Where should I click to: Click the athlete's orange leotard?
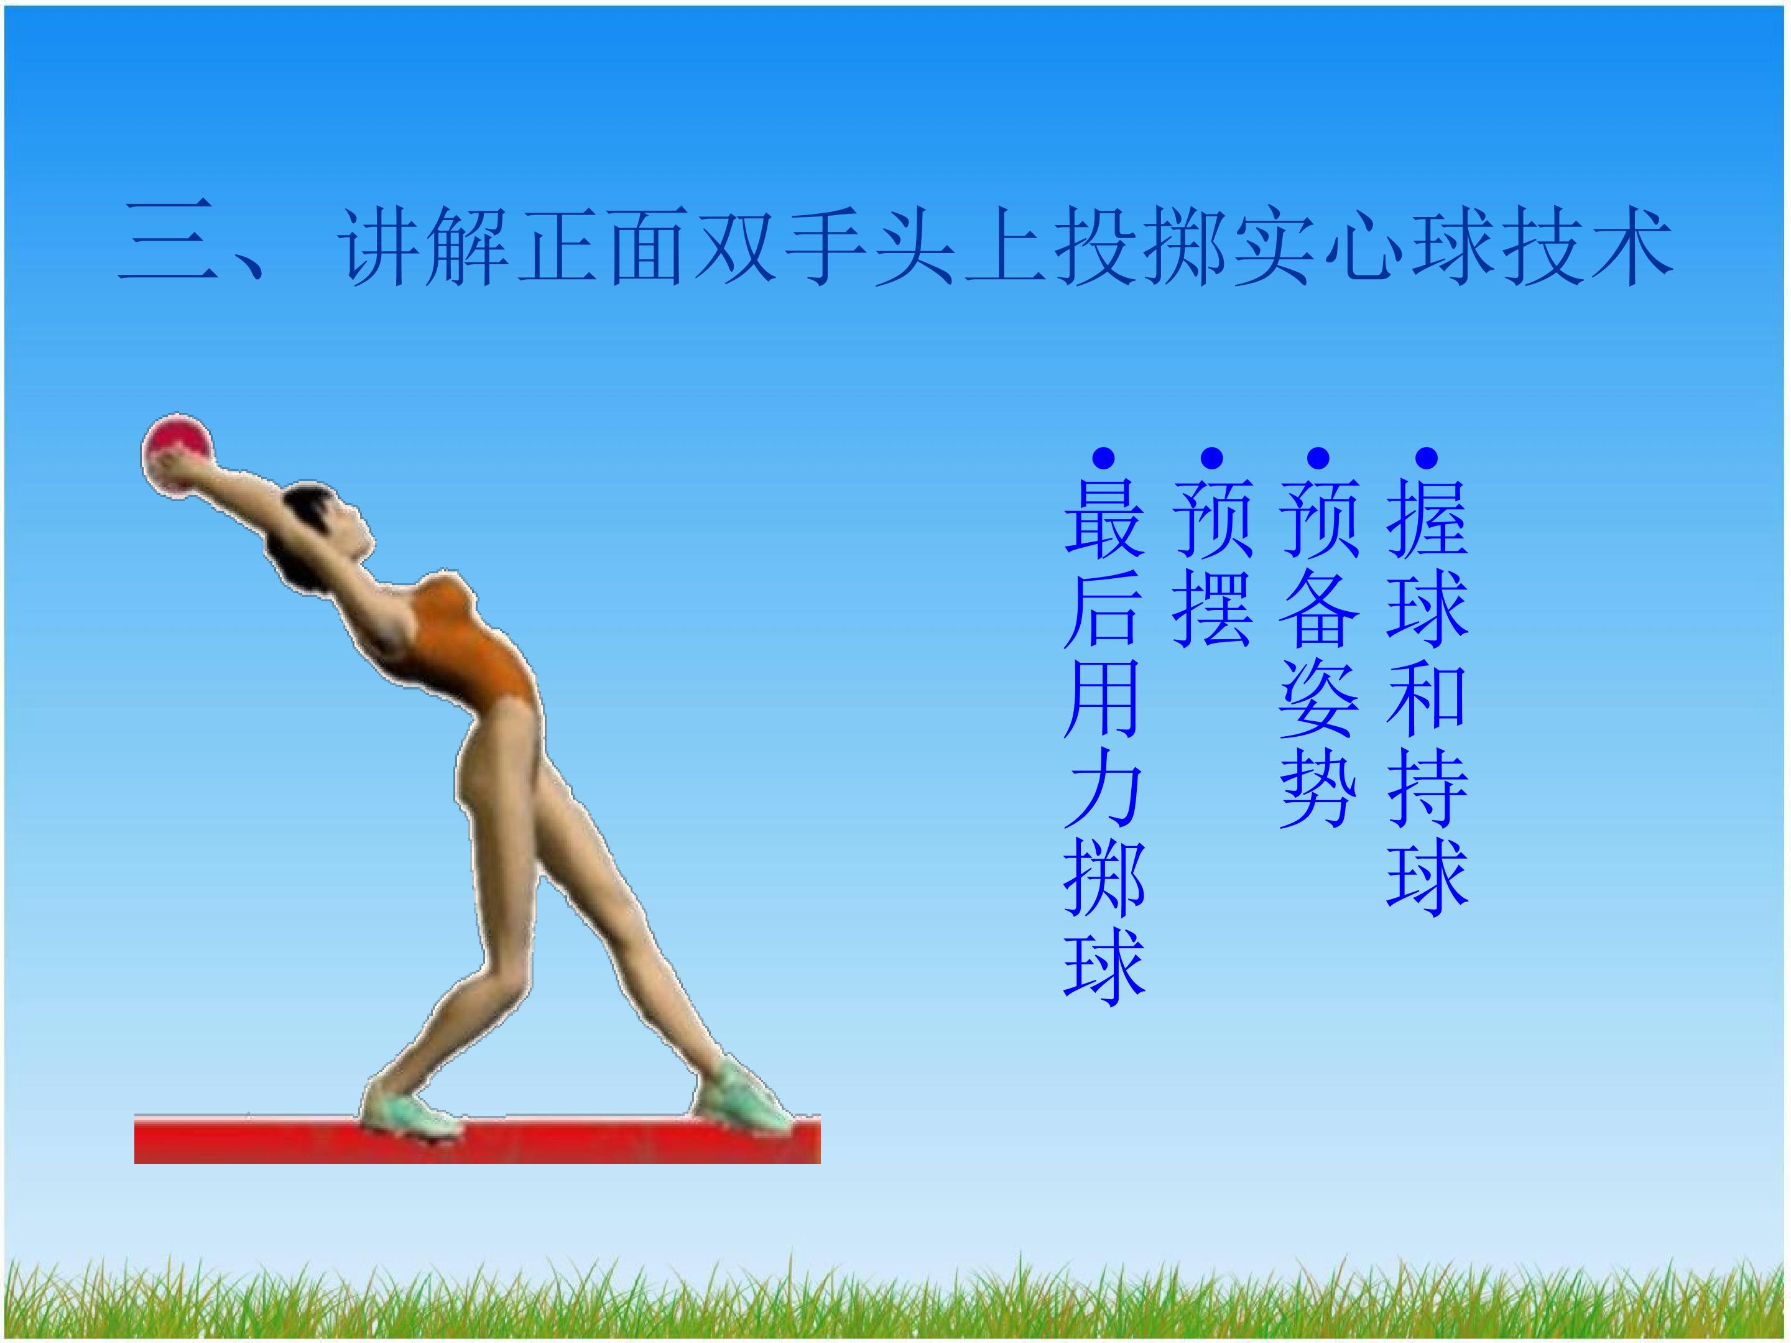470,648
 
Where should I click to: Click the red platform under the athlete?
478,1142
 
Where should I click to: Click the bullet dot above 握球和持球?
1427,459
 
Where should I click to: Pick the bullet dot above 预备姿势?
1319,459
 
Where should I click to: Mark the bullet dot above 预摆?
1211,459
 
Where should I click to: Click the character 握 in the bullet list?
1427,518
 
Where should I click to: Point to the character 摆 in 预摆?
1211,607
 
